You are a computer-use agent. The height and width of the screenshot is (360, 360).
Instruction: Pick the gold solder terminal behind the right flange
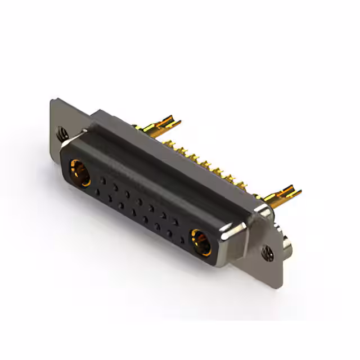coord(281,195)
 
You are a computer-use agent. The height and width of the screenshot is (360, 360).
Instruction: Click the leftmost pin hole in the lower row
coord(97,191)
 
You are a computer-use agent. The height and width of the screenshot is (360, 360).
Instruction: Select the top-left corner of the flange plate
coord(52,101)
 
